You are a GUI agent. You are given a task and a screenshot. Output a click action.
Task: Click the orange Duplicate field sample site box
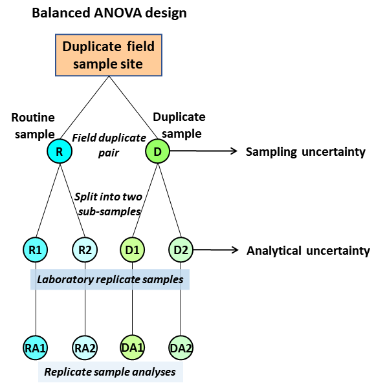click(109, 55)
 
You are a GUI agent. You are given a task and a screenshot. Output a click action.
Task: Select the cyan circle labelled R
click(60, 151)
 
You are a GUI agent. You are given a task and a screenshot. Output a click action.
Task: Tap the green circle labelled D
click(158, 151)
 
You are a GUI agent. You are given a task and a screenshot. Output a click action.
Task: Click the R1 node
click(35, 250)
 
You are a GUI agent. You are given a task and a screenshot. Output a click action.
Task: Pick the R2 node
click(85, 250)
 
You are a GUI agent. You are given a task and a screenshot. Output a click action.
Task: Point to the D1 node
click(132, 250)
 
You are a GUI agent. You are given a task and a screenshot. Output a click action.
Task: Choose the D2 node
click(181, 250)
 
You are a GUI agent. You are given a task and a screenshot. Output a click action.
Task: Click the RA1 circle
click(35, 348)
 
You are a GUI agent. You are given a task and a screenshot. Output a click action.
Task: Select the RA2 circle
click(85, 348)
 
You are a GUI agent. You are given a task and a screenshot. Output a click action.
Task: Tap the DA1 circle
click(132, 348)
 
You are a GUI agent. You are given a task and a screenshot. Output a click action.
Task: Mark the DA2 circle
click(181, 348)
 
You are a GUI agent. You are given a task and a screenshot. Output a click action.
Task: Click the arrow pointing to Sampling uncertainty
click(204, 151)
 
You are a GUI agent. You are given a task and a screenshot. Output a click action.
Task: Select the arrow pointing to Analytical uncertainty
click(216, 250)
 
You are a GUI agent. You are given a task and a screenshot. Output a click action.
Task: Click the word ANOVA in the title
click(118, 13)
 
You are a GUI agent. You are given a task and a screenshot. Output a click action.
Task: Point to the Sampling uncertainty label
click(305, 152)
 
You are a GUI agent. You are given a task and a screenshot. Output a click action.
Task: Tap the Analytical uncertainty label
click(308, 251)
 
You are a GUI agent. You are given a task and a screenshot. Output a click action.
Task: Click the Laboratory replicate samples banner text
click(110, 279)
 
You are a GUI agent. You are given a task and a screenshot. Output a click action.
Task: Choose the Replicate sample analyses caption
click(110, 372)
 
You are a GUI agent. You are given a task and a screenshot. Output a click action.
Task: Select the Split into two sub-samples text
click(109, 204)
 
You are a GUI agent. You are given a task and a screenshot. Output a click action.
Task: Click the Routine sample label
click(34, 126)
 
